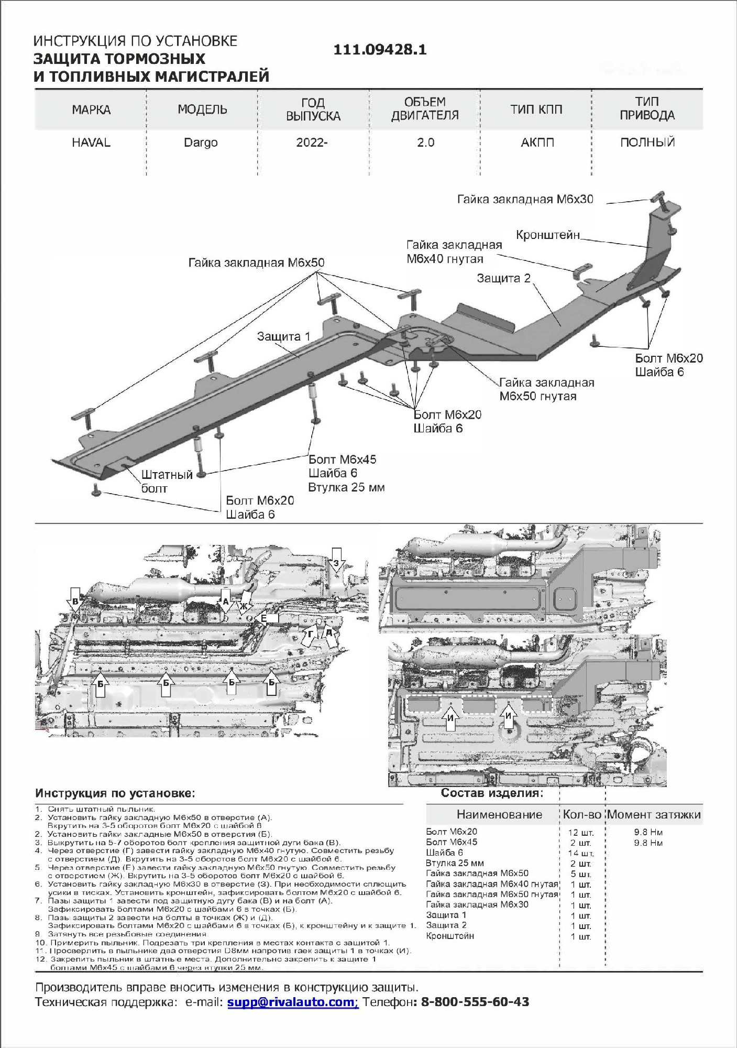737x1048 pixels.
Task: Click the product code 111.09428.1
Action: click(x=380, y=50)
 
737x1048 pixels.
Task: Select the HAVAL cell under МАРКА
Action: click(x=91, y=143)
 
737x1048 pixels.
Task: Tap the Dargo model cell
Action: click(x=201, y=143)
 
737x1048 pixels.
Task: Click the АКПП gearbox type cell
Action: click(x=537, y=143)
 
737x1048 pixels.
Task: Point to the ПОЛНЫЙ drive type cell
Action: click(x=647, y=143)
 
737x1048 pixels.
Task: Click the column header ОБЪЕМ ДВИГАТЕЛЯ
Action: click(x=425, y=109)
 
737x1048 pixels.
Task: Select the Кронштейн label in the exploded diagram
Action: click(x=548, y=235)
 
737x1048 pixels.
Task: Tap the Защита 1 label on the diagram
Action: click(x=283, y=336)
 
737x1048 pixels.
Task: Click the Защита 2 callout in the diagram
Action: click(x=503, y=278)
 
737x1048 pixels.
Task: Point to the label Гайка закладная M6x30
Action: click(x=525, y=199)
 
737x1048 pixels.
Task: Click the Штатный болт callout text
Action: click(x=167, y=482)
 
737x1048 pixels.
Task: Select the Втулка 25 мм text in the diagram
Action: click(x=346, y=487)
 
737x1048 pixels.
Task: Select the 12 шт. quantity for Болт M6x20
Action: click(x=580, y=832)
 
